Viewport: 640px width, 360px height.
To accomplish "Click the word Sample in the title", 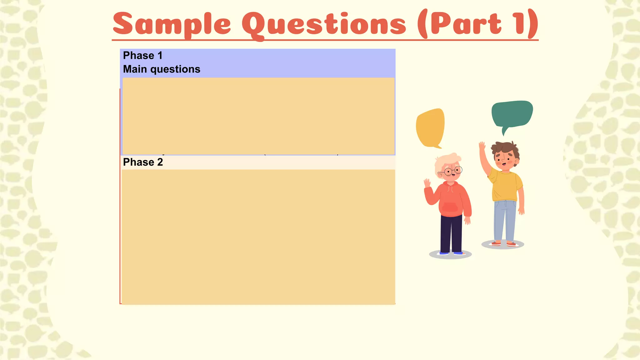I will point(172,24).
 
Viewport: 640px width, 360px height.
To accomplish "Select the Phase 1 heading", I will point(143,56).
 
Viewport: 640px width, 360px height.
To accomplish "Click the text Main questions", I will point(162,69).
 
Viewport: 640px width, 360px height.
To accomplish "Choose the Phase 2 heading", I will point(143,162).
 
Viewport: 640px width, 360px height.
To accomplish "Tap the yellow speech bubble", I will point(430,127).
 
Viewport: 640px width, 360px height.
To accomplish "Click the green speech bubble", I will point(512,114).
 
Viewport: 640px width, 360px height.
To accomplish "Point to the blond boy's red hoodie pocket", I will point(450,207).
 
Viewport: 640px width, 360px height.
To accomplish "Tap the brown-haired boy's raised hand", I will point(482,147).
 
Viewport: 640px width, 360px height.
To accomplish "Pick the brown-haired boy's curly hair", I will point(505,148).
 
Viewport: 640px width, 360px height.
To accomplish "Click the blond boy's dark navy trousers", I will point(451,233).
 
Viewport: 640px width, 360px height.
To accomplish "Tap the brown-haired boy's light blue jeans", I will point(505,220).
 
